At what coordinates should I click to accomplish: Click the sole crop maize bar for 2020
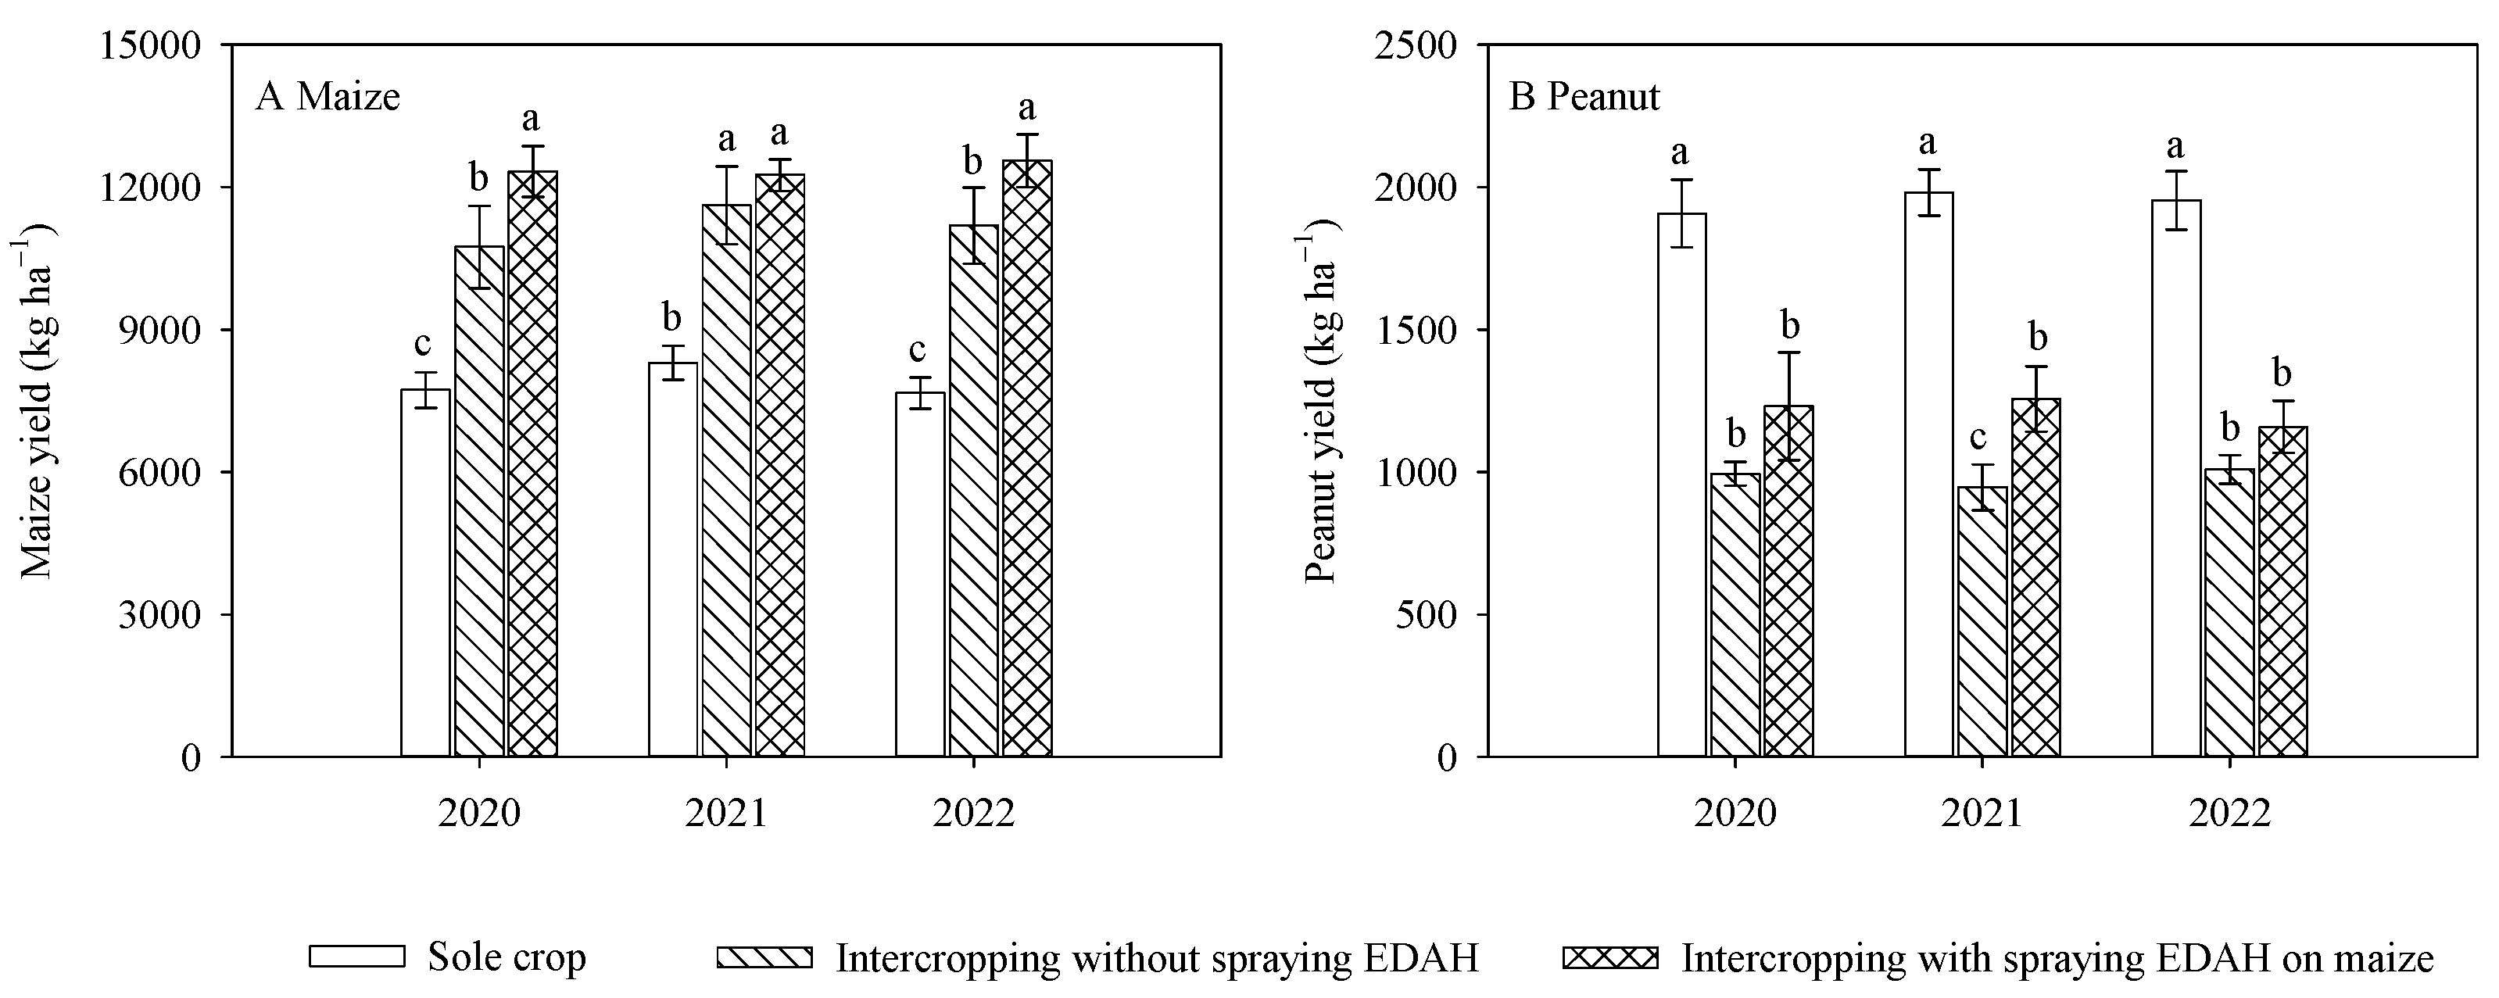coord(425,572)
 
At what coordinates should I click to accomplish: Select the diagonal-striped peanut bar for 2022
coord(2229,612)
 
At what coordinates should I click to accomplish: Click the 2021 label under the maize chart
coord(725,813)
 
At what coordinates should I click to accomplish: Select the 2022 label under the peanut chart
coord(2229,813)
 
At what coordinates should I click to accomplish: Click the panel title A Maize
coord(328,97)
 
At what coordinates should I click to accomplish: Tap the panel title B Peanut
coord(1584,97)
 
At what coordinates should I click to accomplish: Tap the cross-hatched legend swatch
coord(1609,957)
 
